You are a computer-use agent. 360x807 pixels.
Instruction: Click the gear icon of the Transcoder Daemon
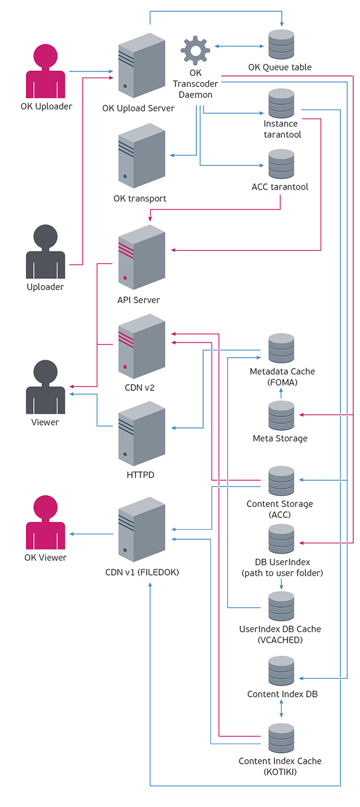pyautogui.click(x=195, y=51)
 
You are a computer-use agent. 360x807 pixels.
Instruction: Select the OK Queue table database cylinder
pyautogui.click(x=281, y=44)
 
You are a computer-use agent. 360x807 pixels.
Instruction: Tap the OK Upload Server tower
pyautogui.click(x=142, y=66)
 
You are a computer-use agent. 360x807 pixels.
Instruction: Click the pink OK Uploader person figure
pyautogui.click(x=46, y=71)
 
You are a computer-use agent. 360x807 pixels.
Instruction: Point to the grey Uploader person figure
pyautogui.click(x=46, y=251)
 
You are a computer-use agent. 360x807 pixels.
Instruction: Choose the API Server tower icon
pyautogui.click(x=142, y=257)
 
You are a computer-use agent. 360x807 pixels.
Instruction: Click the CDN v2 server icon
pyautogui.click(x=142, y=346)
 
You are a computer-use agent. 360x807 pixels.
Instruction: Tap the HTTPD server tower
pyautogui.click(x=142, y=434)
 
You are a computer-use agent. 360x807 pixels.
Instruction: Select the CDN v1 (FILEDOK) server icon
pyautogui.click(x=142, y=530)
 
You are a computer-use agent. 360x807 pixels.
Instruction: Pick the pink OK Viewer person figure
pyautogui.click(x=46, y=522)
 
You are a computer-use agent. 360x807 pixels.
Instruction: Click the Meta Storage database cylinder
pyautogui.click(x=281, y=416)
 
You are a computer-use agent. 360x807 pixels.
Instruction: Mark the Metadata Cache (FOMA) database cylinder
pyautogui.click(x=281, y=348)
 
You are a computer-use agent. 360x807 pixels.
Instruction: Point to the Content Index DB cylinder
pyautogui.click(x=281, y=671)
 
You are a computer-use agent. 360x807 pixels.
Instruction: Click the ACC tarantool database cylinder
pyautogui.click(x=281, y=164)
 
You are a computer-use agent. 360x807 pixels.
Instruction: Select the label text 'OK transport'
pyautogui.click(x=140, y=199)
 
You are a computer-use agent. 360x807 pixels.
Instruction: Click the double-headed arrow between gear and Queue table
pyautogui.click(x=239, y=46)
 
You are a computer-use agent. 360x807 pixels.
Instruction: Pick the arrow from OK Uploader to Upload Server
pyautogui.click(x=91, y=71)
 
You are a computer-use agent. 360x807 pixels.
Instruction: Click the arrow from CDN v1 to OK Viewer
pyautogui.click(x=91, y=534)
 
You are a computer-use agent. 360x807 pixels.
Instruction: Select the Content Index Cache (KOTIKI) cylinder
pyautogui.click(x=281, y=738)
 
